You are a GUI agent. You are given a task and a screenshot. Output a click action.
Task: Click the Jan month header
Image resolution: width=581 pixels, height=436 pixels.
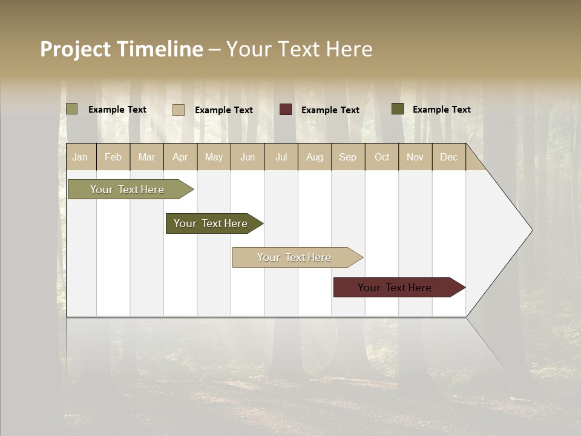coord(80,157)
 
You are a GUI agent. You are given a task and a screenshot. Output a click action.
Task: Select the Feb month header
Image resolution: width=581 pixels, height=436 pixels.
coord(113,157)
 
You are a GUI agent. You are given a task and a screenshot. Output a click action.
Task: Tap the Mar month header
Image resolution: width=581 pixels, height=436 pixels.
coord(146,157)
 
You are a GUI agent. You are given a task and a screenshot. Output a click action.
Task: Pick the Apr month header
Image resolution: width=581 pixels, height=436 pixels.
coord(180,157)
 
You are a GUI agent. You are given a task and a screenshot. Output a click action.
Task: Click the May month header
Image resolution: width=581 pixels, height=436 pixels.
coord(214,157)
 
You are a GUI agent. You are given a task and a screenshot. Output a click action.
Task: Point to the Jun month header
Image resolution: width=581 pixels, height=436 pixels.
coord(248,157)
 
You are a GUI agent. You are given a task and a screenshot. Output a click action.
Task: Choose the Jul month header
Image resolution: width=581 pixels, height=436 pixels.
coord(281,157)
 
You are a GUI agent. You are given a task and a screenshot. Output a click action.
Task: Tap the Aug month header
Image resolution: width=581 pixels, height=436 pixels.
coord(315,157)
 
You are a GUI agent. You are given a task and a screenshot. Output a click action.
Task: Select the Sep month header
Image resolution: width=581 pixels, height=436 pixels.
coord(348,157)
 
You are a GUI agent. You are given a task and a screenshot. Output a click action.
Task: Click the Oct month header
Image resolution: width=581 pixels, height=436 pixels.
coord(382,157)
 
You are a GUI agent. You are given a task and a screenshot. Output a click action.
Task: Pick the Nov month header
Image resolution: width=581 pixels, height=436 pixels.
coord(415,157)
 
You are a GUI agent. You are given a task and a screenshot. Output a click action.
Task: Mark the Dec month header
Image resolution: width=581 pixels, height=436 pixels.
coord(449,157)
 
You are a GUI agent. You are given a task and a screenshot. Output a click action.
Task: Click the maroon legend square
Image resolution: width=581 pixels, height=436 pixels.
coord(286,110)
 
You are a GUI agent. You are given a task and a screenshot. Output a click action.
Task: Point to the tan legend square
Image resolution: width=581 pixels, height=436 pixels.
coord(179,110)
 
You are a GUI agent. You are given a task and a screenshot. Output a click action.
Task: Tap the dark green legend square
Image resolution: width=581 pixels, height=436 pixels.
coord(398,109)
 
